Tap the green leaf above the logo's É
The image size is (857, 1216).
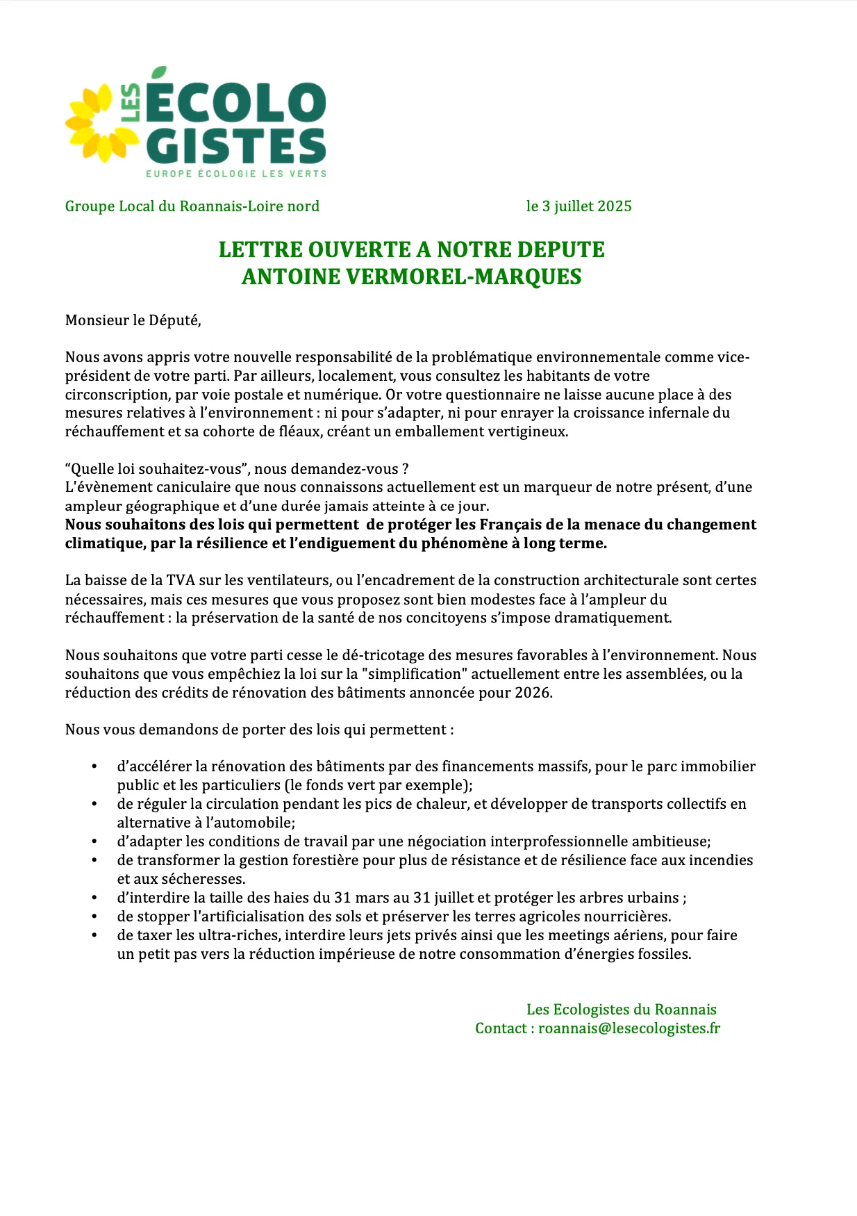[x=159, y=72]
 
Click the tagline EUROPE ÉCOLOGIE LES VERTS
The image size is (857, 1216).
[x=236, y=174]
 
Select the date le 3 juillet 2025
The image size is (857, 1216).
[x=579, y=206]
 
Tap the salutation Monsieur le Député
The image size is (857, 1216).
[x=133, y=320]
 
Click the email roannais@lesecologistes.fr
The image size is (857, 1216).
[x=629, y=1028]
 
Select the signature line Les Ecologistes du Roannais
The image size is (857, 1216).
[x=621, y=1010]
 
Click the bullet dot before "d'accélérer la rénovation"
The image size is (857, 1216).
[x=94, y=766]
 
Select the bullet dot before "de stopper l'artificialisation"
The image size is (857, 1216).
[x=94, y=917]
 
